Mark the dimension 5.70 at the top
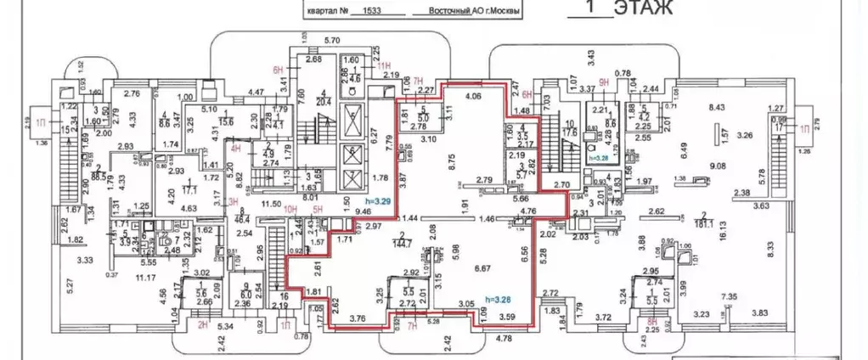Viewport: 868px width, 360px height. [333, 40]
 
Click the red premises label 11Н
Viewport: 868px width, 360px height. [382, 65]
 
